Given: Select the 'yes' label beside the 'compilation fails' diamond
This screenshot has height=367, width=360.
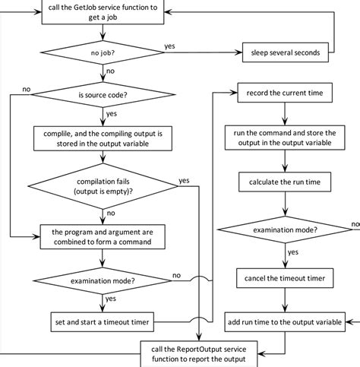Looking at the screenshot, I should click(x=184, y=180).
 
